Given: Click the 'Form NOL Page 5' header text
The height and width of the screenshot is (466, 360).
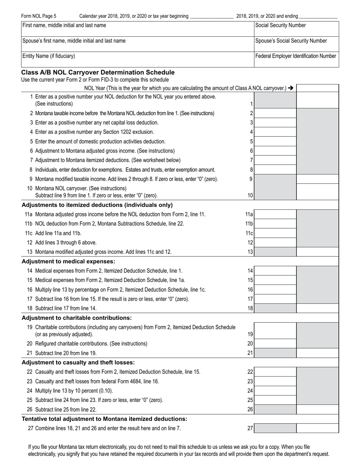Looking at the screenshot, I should point(39,16).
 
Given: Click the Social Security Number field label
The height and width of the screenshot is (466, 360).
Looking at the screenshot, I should point(280,25).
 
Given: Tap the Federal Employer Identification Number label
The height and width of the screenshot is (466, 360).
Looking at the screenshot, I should point(296,56).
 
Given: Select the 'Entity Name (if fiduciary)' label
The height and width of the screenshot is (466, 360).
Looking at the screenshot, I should point(49,56).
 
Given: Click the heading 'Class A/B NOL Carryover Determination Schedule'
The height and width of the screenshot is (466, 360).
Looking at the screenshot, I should point(98,72).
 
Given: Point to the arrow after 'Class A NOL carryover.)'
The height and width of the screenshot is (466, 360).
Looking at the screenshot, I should point(291,88).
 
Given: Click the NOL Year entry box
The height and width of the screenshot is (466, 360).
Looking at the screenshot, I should point(317,88).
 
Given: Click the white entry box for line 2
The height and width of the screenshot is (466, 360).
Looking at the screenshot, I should point(275,113).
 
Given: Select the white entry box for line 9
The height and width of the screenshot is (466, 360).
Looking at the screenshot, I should point(317,179).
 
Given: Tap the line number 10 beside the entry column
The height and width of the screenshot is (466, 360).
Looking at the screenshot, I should point(250,195).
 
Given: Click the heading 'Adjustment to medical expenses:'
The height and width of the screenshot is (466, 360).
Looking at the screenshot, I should point(69,261).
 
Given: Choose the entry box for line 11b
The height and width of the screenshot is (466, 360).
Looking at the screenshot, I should point(275,224).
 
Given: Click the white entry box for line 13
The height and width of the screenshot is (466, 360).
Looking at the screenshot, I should point(317,252).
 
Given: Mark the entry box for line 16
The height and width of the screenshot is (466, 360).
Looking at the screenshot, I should point(275,290).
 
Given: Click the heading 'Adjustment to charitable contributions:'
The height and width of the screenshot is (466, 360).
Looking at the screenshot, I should point(77,318).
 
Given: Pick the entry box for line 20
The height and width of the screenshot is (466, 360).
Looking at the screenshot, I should point(275,344).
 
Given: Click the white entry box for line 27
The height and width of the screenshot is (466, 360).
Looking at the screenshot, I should point(317,428).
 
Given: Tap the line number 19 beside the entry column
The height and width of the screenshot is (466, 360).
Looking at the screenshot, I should point(250,335).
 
